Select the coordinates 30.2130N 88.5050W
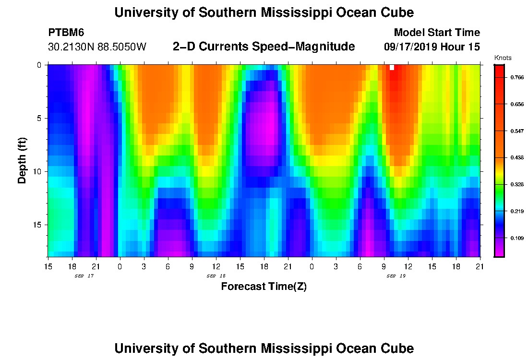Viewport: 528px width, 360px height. pyautogui.click(x=97, y=47)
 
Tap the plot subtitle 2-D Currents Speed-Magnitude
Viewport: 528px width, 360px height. pyautogui.click(x=264, y=47)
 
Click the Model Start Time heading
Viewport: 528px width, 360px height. pyautogui.click(x=436, y=33)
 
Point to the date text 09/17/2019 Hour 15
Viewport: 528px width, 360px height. pyautogui.click(x=432, y=47)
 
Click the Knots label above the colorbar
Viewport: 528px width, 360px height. pyautogui.click(x=503, y=58)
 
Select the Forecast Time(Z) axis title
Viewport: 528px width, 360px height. pyautogui.click(x=264, y=287)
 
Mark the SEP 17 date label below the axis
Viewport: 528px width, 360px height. pyautogui.click(x=84, y=276)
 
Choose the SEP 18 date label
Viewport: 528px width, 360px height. pyautogui.click(x=216, y=276)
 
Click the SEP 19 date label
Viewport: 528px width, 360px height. pyautogui.click(x=396, y=276)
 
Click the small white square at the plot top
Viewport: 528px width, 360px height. pyautogui.click(x=392, y=67)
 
